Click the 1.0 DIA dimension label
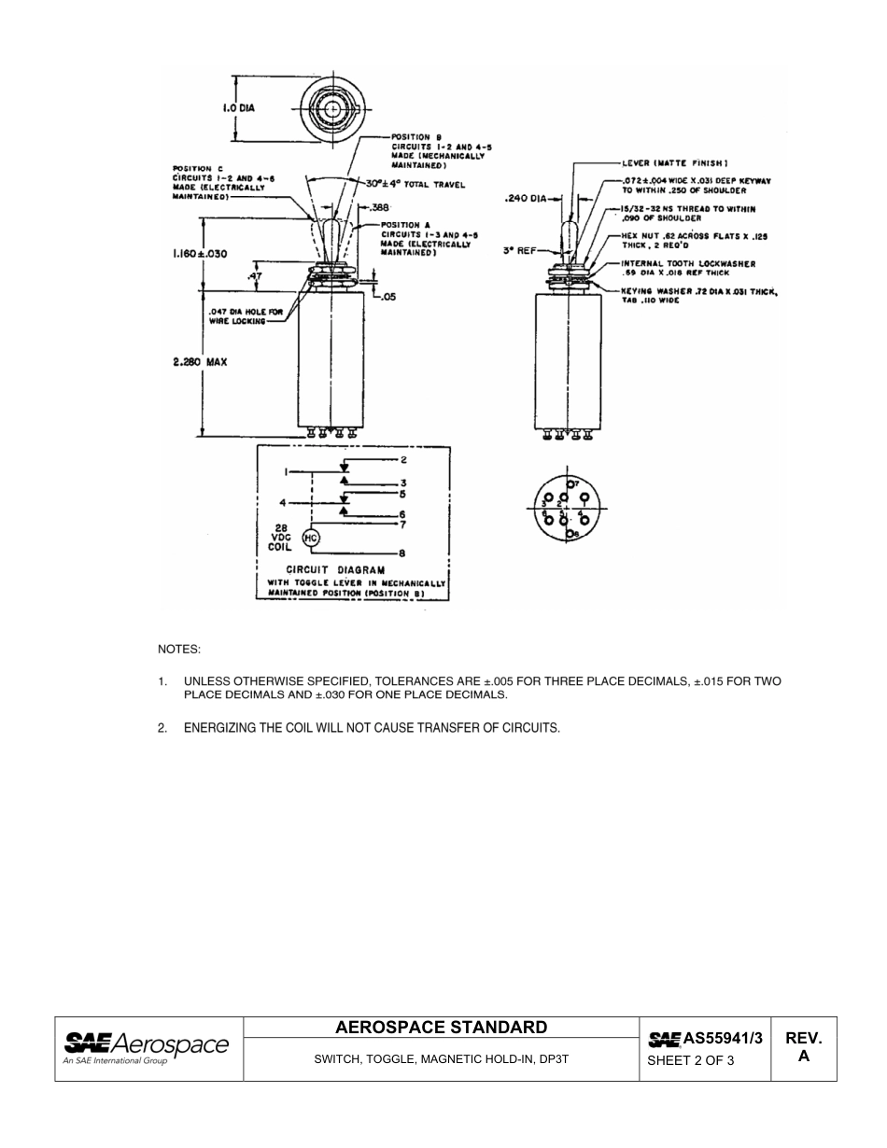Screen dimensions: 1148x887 (x=238, y=107)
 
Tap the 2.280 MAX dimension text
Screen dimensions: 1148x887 (x=201, y=362)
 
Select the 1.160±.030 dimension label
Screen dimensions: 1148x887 (x=200, y=253)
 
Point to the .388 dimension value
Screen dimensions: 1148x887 (x=380, y=207)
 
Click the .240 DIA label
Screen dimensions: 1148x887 (x=524, y=198)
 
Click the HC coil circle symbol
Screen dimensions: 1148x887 (x=312, y=539)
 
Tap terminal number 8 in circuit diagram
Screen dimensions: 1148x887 (x=402, y=553)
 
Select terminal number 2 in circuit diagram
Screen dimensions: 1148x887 (x=403, y=460)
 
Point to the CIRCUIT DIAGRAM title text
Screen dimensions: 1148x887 (x=335, y=569)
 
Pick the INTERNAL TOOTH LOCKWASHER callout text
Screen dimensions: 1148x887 (x=689, y=264)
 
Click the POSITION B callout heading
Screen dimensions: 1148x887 (x=411, y=137)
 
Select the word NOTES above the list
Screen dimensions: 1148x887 (x=179, y=648)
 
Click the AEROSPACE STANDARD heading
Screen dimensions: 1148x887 (x=442, y=1028)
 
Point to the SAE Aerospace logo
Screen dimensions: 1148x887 (x=146, y=1047)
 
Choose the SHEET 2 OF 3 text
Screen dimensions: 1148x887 (x=691, y=1060)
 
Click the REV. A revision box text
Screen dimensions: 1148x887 (x=803, y=1047)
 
